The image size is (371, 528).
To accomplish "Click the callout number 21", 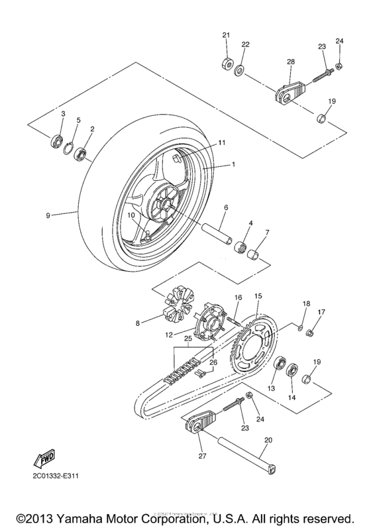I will click(x=225, y=35).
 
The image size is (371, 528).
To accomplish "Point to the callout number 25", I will click(x=187, y=339).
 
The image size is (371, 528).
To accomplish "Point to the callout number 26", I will click(x=213, y=362).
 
